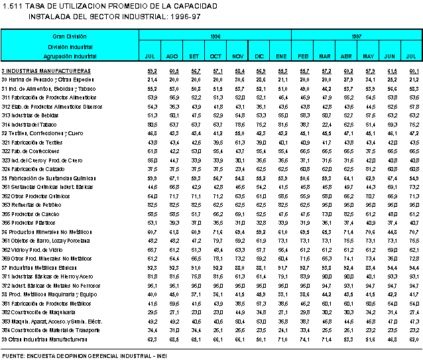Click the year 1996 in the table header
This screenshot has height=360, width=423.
[215, 36]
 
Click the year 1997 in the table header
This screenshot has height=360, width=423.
[356, 36]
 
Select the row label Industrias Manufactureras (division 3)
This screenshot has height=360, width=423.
[46, 70]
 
